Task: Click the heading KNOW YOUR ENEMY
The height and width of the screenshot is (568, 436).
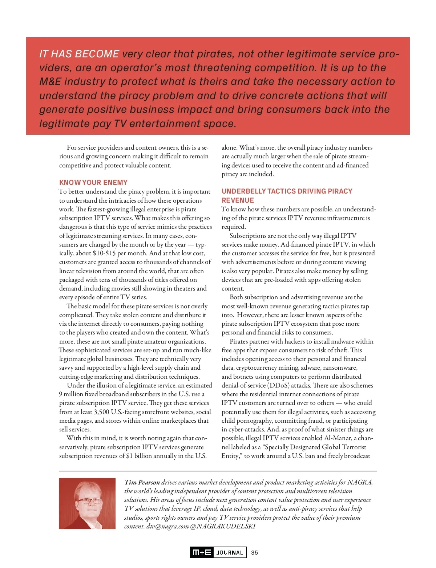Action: [93, 182]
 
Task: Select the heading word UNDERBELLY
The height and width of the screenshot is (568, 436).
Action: [243, 191]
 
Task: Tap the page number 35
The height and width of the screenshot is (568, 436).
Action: [254, 552]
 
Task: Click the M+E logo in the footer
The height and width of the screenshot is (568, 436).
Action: [202, 552]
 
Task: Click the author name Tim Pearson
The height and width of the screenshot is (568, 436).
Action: [142, 482]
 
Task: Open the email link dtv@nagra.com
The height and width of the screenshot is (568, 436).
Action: [167, 526]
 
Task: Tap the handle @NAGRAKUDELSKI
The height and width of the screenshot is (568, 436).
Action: [223, 526]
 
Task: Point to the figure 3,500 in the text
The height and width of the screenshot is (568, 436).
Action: [101, 412]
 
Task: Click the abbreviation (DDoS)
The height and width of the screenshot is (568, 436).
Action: [279, 385]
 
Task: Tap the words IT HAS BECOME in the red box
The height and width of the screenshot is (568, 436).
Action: [79, 54]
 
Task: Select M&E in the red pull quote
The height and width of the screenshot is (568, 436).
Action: [50, 81]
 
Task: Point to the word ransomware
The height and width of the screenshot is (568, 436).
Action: [340, 368]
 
